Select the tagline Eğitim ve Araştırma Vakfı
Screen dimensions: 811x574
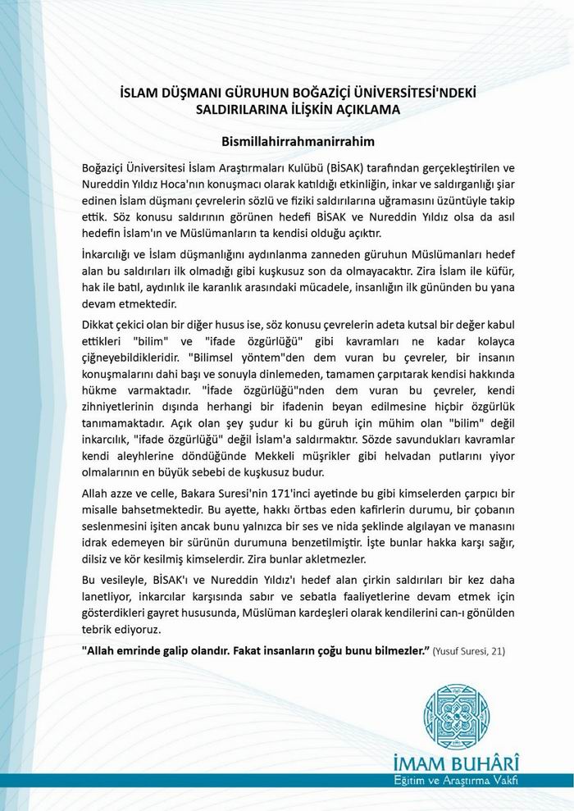[x=464, y=777]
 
